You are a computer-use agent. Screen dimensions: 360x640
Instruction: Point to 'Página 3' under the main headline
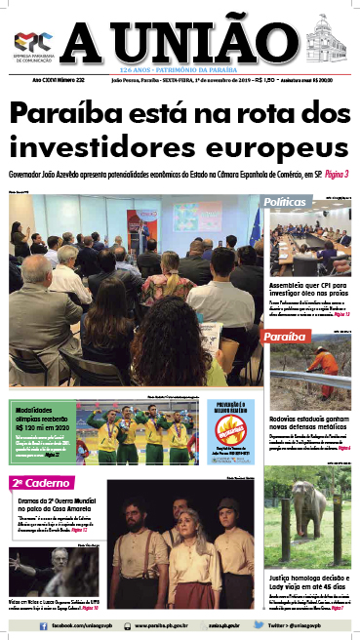point(333,174)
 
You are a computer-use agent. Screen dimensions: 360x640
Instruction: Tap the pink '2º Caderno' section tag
point(35,482)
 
